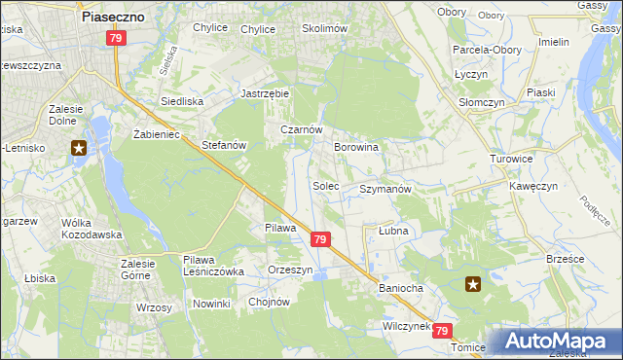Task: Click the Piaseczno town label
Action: coord(114,17)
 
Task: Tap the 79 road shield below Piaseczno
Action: coord(116,38)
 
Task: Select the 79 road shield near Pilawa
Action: coord(320,239)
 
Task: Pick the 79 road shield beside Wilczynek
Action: coord(444,331)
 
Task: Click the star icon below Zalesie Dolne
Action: coord(79,149)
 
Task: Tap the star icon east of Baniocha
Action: coord(473,284)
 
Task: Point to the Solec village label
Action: coord(325,185)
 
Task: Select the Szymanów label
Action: coord(386,189)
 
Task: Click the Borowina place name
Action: coord(355,147)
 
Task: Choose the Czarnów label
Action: coord(301,128)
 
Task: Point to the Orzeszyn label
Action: coord(290,270)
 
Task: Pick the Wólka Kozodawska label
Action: coord(91,229)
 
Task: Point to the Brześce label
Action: coord(566,259)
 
